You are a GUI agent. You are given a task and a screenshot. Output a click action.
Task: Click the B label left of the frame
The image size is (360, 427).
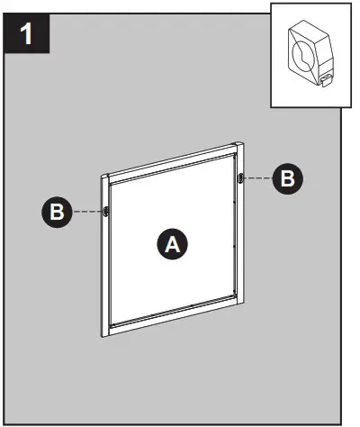click(56, 213)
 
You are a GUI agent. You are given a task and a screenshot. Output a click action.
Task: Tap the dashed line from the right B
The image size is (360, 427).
click(259, 178)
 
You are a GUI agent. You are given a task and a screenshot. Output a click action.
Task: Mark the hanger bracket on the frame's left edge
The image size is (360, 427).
click(106, 212)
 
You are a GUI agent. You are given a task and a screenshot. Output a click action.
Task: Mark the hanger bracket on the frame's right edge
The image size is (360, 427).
click(240, 178)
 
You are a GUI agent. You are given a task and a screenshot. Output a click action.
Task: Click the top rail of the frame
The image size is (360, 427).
click(171, 161)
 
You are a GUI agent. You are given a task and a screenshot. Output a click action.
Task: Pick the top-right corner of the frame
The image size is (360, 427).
click(240, 144)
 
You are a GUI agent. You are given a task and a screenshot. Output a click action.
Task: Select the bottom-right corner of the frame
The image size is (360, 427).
click(240, 304)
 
